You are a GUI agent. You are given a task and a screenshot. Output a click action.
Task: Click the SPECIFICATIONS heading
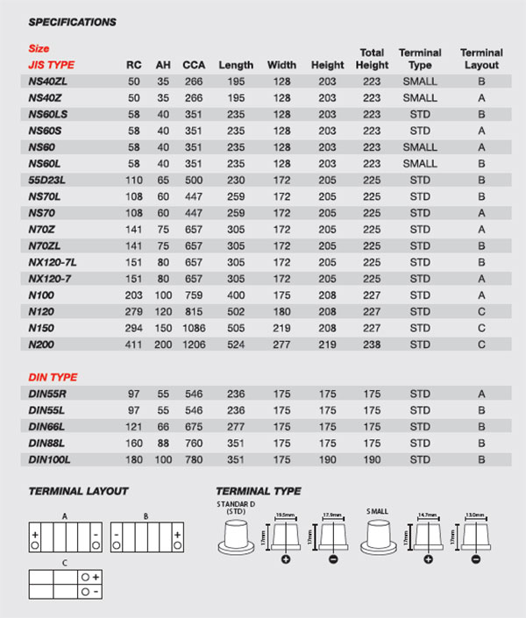pos(72,21)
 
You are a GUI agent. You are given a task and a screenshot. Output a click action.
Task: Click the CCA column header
pos(194,65)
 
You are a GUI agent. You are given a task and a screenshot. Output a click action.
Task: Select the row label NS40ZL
pos(48,82)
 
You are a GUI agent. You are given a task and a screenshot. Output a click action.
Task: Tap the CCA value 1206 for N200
pos(194,345)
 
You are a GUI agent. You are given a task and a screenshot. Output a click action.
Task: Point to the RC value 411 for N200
pos(134,345)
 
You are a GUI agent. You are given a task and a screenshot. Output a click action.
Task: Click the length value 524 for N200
pos(235,345)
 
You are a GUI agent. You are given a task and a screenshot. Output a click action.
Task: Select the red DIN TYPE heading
pos(54,377)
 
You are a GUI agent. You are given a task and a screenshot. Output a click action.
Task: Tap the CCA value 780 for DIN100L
pos(194,459)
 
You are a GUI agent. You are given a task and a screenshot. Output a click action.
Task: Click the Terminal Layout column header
pos(480,59)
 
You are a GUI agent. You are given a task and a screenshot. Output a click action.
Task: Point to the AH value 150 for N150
pos(163,328)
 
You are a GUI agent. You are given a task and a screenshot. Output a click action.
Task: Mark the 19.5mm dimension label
pos(283,516)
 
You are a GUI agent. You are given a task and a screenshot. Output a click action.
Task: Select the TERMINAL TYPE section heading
pos(258,491)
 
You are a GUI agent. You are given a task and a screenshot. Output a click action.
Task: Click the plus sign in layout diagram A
pos(34,533)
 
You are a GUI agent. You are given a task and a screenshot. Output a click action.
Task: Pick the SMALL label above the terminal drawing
pos(378,511)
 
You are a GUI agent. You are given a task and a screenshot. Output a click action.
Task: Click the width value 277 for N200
pos(281,345)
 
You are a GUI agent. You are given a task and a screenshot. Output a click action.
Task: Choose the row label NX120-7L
pos(53,262)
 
